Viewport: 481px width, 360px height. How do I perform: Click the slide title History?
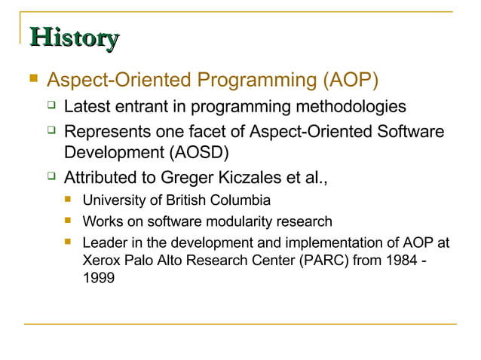74,38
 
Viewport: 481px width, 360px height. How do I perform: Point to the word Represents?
106,133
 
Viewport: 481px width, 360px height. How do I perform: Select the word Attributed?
103,178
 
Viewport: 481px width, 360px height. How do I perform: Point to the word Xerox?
101,261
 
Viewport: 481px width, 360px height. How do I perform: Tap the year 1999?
98,278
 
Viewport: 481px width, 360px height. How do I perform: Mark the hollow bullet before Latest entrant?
51,106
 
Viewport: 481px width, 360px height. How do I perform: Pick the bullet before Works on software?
69,221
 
